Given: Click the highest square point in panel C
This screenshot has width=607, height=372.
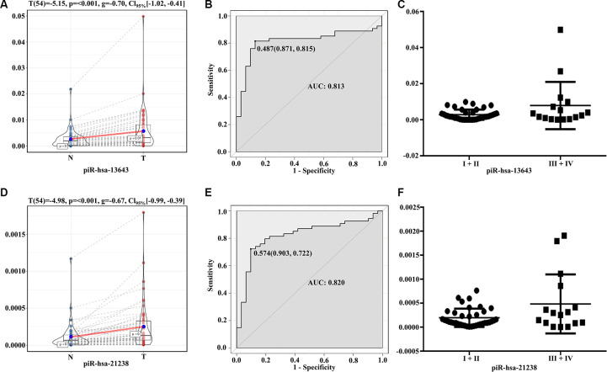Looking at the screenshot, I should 536,29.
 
